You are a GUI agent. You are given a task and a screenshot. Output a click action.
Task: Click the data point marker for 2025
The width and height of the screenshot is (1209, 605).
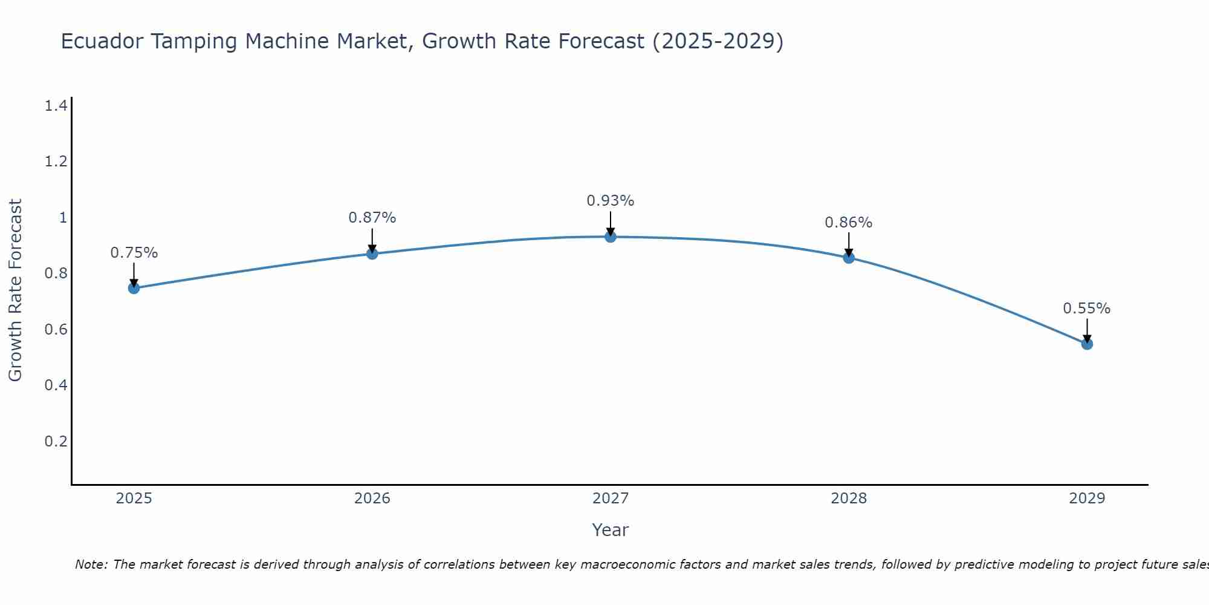134,288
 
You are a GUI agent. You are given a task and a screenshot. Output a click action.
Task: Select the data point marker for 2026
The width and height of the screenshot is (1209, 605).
372,253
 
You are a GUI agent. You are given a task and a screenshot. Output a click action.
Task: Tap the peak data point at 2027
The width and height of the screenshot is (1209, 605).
611,237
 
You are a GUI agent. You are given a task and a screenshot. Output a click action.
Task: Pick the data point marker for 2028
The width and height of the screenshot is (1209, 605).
849,258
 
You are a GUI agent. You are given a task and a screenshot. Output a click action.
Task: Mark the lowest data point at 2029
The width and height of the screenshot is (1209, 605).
1087,344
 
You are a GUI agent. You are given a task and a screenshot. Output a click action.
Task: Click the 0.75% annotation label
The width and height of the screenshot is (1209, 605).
134,253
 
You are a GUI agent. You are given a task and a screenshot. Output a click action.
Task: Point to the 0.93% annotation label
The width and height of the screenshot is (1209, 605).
611,201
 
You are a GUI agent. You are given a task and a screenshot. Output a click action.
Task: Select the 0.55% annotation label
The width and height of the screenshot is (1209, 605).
1087,309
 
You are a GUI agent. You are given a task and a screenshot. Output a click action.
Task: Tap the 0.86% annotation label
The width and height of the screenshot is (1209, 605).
849,223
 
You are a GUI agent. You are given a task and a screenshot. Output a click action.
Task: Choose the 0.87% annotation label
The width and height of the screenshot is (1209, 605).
372,218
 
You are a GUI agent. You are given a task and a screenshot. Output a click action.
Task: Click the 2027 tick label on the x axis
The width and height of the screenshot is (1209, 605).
611,499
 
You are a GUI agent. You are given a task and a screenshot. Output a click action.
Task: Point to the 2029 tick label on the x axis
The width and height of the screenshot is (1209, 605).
1087,499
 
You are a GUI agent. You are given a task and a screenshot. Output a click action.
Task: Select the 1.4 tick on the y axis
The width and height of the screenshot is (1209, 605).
56,106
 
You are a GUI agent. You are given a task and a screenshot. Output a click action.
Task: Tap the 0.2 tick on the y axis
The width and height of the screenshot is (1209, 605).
56,441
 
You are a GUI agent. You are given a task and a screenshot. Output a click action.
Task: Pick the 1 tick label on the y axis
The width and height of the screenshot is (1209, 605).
63,218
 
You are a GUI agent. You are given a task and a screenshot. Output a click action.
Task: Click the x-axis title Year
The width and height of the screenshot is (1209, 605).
611,530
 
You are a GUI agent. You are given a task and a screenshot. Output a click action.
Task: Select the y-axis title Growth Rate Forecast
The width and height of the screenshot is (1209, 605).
15,290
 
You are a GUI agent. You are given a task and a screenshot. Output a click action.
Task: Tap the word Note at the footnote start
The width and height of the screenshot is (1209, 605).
91,564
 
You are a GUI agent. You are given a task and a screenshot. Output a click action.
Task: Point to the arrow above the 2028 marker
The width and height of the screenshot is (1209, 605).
849,244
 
